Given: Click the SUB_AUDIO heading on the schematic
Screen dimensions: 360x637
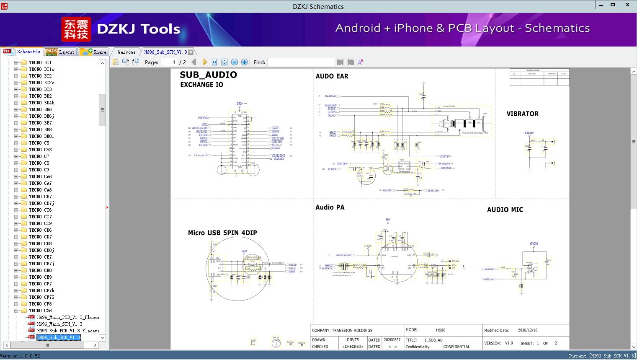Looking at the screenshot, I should click(208, 75).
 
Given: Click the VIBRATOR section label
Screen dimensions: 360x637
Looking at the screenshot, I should click(522, 114).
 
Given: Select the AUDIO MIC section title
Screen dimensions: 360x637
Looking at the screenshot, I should click(505, 210).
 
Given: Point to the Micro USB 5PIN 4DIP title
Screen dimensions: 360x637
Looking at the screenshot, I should click(222, 233).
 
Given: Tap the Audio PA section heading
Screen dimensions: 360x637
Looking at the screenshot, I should click(330, 207).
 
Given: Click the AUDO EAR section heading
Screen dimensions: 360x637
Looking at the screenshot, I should click(332, 76).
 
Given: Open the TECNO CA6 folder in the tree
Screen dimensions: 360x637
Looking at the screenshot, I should click(40, 176).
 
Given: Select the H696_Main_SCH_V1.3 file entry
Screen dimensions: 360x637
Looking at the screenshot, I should click(59, 324).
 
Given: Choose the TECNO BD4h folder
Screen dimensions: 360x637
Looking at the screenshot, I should click(41, 103).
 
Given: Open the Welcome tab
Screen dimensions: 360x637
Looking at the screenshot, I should click(126, 52).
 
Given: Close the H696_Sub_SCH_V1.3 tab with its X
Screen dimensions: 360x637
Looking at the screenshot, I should click(191, 52).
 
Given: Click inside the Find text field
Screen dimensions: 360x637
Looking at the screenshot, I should click(301, 62).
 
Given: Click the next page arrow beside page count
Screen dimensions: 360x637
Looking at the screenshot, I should click(204, 62).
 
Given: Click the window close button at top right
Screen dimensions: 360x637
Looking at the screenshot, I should click(627, 5).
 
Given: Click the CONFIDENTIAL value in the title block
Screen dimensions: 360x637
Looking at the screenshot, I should click(456, 347).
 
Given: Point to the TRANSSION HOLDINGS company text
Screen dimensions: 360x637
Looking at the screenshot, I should click(352, 330).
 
